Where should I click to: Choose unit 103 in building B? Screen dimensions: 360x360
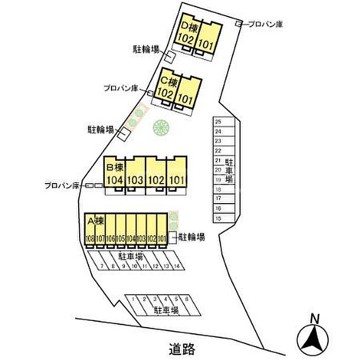click(135, 180)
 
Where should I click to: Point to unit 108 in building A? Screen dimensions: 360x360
click(90, 238)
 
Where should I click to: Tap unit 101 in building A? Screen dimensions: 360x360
click(162, 238)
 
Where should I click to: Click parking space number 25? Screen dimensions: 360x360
click(218, 122)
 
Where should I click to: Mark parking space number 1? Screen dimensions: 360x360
click(133, 299)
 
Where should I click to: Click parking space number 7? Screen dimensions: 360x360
click(102, 266)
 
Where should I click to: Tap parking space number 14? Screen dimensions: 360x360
click(176, 266)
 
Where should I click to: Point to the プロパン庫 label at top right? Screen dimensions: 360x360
click(265, 24)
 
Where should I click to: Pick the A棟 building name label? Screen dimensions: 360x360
click(96, 222)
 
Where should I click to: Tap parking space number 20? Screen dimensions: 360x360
click(218, 170)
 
